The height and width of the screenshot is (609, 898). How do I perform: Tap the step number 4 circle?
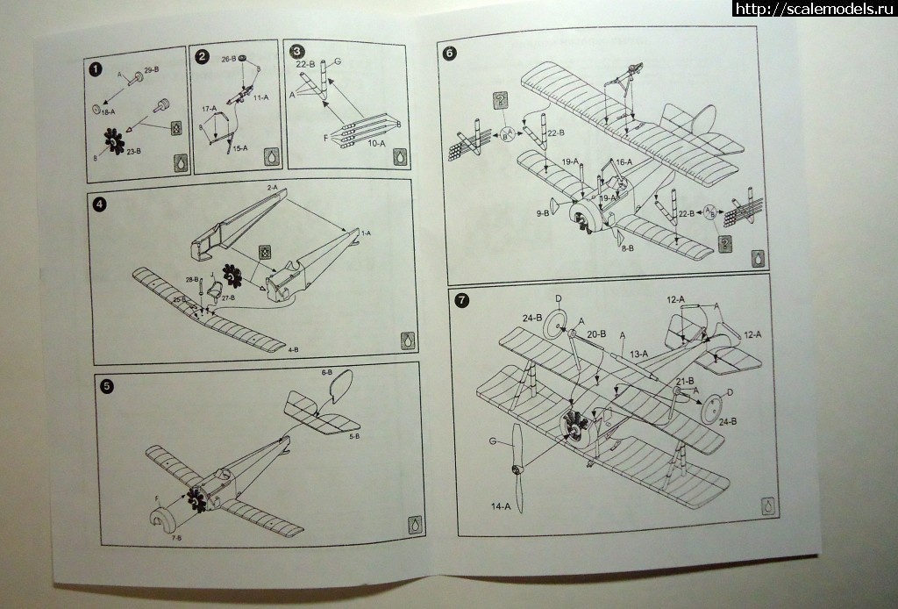tap(100, 204)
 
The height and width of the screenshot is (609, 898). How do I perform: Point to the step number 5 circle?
tap(107, 384)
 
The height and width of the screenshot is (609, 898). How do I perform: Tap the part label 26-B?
tap(229, 60)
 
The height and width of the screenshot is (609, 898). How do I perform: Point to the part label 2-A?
tap(272, 188)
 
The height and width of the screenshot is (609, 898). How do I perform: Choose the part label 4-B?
tap(293, 350)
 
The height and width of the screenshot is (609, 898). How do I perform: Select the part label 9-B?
tap(544, 212)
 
